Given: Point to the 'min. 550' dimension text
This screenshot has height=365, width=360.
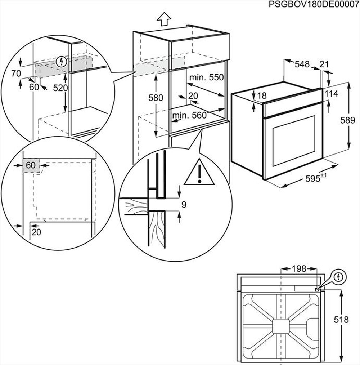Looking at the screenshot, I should tap(207, 77).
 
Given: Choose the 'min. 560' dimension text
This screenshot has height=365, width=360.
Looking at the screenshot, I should tap(189, 115).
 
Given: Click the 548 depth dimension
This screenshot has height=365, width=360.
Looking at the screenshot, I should tap(302, 64).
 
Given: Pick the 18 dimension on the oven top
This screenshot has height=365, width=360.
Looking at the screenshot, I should tap(262, 96).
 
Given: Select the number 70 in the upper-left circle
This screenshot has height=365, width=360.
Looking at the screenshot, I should tap(15, 74).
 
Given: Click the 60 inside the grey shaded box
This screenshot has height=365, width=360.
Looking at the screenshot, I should tap(31, 165).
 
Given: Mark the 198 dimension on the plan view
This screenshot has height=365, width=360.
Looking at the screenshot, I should tap(298, 268).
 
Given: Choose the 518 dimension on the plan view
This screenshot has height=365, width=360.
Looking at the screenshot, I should tap(341, 320).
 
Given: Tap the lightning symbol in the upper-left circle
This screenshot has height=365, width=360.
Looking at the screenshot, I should tap(62, 62).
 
